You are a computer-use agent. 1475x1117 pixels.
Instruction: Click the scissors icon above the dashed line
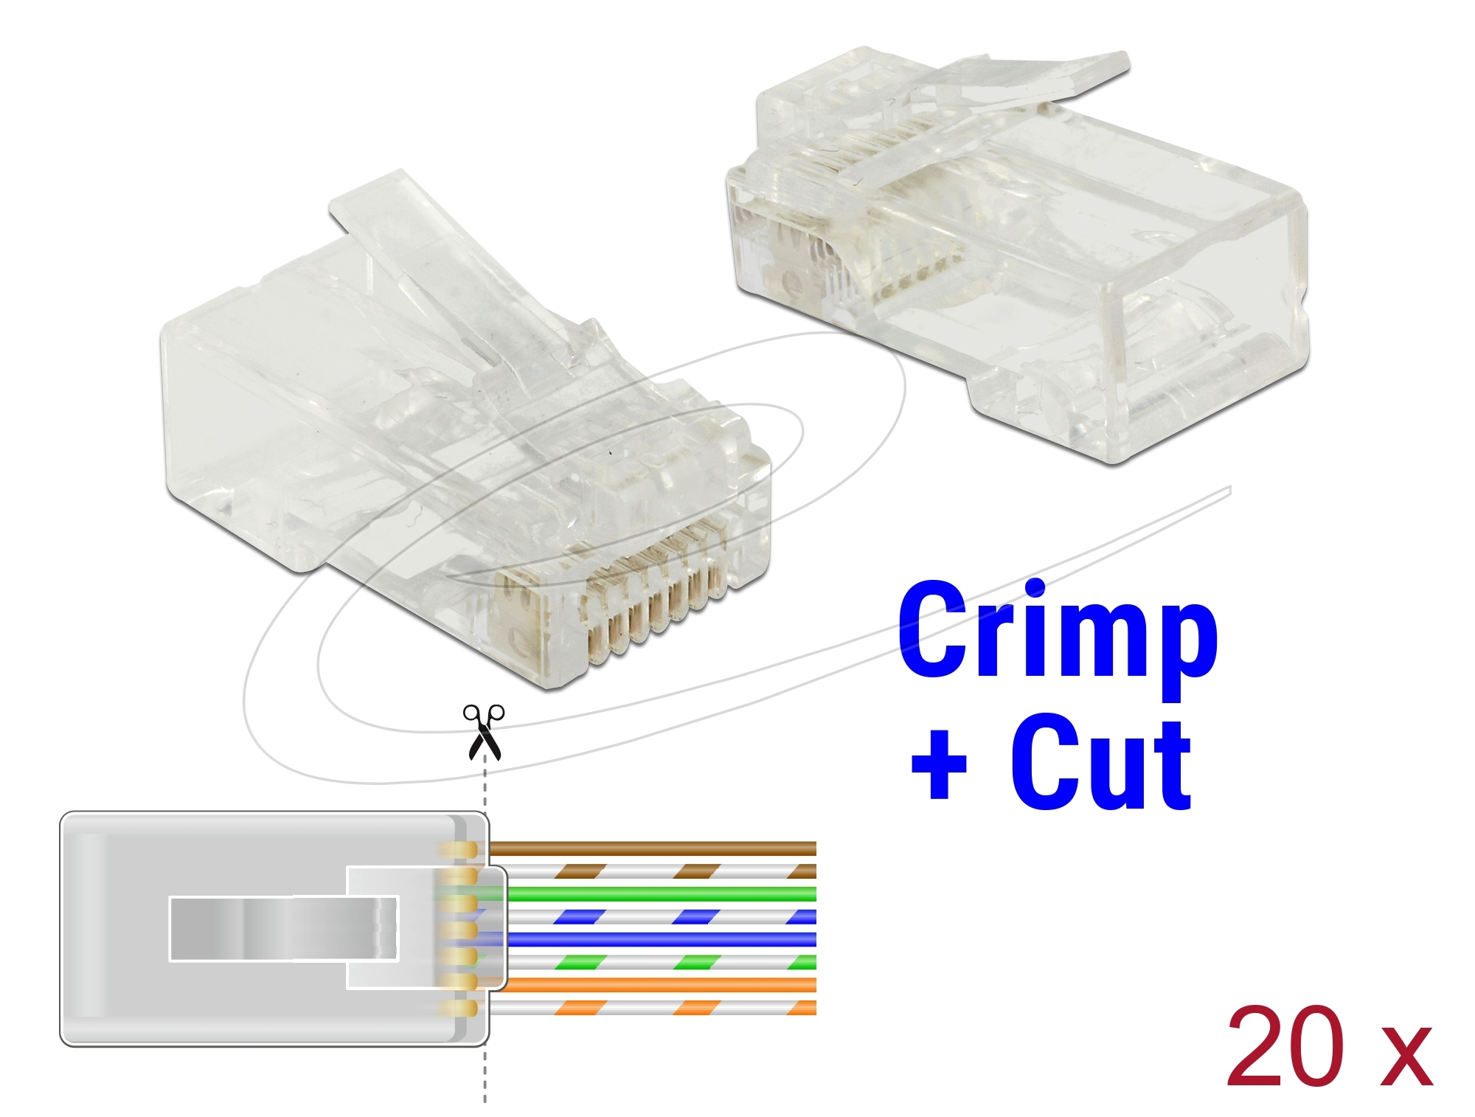[x=483, y=732]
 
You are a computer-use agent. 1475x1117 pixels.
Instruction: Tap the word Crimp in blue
[x=1058, y=638]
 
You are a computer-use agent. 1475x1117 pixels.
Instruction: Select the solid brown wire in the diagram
[x=653, y=848]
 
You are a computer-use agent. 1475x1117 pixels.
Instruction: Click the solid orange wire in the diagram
[x=653, y=985]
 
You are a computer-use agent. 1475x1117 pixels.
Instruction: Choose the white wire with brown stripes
[x=653, y=871]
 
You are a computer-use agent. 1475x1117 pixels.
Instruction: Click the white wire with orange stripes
[x=653, y=1008]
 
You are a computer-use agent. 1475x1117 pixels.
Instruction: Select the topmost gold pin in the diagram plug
[x=457, y=850]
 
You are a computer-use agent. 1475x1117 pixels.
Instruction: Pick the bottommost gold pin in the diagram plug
[x=457, y=1009]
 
